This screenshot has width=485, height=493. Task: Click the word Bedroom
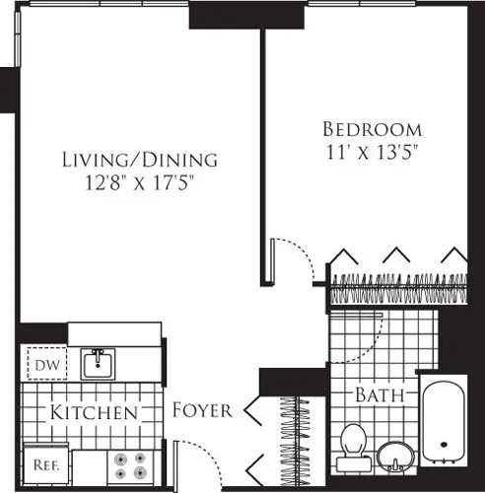point(373,129)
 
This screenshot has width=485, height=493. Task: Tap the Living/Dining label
point(139,159)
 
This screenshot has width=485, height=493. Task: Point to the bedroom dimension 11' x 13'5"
point(373,152)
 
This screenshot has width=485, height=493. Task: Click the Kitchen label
point(95,412)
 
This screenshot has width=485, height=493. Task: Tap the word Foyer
point(202,410)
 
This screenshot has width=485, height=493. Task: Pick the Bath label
point(381,396)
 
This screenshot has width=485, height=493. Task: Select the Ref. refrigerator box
point(41,460)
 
